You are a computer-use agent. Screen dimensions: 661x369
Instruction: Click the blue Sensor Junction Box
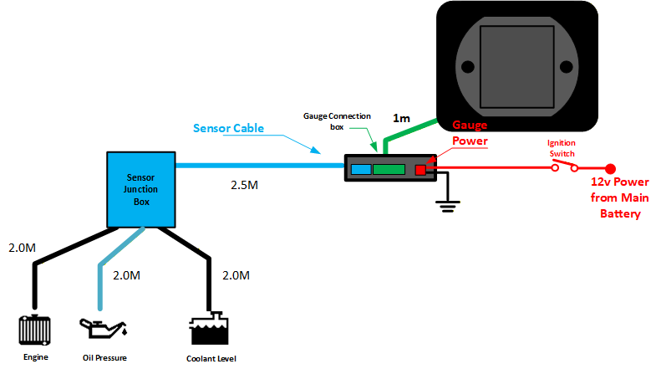pyautogui.click(x=140, y=190)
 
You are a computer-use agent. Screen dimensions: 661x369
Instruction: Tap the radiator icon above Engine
pyautogui.click(x=34, y=330)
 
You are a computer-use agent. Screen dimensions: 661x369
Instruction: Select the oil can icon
pyautogui.click(x=104, y=329)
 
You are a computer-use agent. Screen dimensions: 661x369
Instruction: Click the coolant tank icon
pyautogui.click(x=209, y=329)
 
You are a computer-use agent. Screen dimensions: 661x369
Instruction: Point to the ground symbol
pyautogui.click(x=448, y=206)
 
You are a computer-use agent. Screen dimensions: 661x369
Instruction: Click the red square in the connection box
pyautogui.click(x=420, y=170)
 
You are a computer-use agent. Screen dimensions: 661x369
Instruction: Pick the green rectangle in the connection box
pyautogui.click(x=389, y=170)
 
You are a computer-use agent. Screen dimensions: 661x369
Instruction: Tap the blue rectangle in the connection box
pyautogui.click(x=361, y=170)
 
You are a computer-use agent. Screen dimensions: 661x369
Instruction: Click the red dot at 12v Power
pyautogui.click(x=610, y=169)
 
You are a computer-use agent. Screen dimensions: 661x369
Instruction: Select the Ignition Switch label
pyautogui.click(x=562, y=148)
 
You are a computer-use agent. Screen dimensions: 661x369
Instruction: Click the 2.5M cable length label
pyautogui.click(x=244, y=185)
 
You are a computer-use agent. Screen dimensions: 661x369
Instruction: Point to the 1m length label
pyautogui.click(x=401, y=118)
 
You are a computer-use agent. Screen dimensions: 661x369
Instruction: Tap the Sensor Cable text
pyautogui.click(x=228, y=128)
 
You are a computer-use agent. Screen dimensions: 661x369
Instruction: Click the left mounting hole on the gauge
pyautogui.click(x=468, y=67)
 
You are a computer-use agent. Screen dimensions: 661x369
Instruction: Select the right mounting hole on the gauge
pyautogui.click(x=566, y=67)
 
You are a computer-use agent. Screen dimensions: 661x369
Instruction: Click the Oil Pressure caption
pyautogui.click(x=104, y=357)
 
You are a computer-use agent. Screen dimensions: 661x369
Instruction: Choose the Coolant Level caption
pyautogui.click(x=211, y=358)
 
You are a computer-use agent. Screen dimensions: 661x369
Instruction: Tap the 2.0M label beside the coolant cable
pyautogui.click(x=236, y=275)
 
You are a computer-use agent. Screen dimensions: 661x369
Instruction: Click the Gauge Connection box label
pyautogui.click(x=337, y=121)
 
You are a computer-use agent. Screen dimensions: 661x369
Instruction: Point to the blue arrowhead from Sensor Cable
pyautogui.click(x=315, y=150)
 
